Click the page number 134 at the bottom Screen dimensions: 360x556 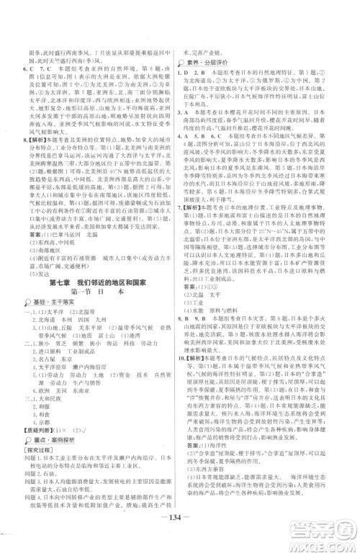pos(179,535)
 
